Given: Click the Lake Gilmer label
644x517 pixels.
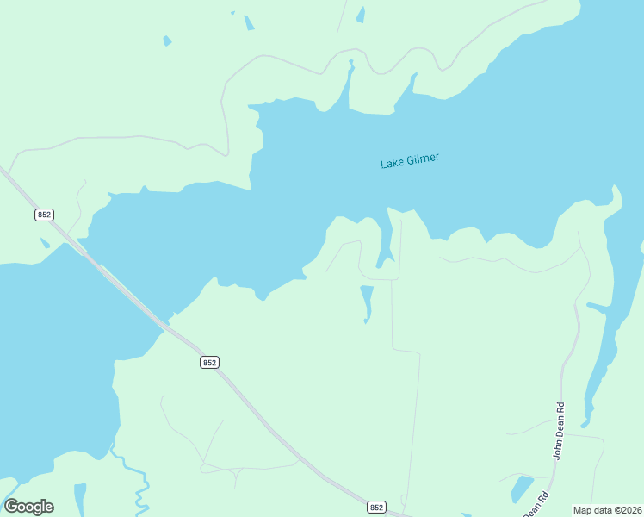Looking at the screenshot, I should tap(410, 160).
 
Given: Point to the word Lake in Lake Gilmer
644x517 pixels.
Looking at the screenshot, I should tap(391, 163).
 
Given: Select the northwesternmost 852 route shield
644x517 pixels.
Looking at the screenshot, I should tap(44, 214).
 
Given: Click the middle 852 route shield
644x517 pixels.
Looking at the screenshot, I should tap(209, 363).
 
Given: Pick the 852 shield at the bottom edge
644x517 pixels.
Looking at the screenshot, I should tap(376, 508).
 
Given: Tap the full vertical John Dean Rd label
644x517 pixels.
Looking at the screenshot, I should tap(558, 431).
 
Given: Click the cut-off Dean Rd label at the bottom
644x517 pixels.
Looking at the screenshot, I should tap(535, 505).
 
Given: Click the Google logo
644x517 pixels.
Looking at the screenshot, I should tap(29, 507).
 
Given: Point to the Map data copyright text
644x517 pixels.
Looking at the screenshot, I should tap(607, 510).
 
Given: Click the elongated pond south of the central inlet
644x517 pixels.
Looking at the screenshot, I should tap(366, 302).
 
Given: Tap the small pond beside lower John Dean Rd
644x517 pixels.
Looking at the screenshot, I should tap(522, 489).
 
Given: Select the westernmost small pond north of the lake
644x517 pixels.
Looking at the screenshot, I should tap(167, 40).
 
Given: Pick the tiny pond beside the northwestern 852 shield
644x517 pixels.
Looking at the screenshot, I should tap(45, 243).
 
